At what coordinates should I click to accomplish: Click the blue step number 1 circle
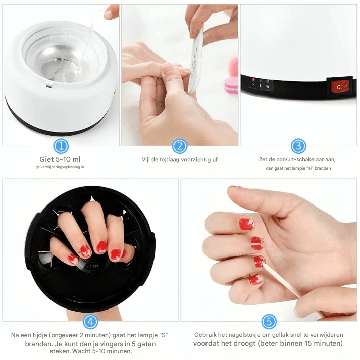coord(61,146)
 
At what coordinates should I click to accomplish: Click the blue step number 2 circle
coord(180,146)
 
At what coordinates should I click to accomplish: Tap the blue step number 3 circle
coord(298,146)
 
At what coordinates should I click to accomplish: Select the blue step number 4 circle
coord(90,322)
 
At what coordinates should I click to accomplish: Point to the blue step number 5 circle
coord(269,322)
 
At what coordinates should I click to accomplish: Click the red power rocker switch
coord(339,87)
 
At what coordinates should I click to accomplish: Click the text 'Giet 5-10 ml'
coord(60,159)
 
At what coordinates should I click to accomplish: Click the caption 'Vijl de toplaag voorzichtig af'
coord(180,160)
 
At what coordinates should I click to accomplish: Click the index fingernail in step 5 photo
coord(246,224)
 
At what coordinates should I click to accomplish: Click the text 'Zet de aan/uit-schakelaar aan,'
coord(297,159)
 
